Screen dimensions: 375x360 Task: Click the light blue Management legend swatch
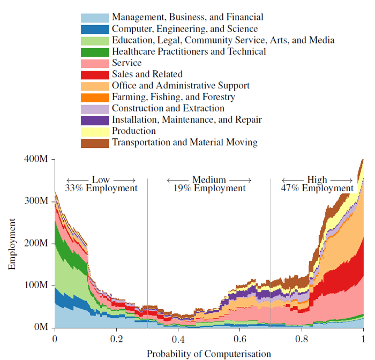[x=95, y=18]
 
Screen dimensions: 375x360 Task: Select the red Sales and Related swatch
[x=95, y=75]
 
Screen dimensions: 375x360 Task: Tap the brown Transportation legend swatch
[x=95, y=143]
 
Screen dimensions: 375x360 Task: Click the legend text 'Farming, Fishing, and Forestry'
[x=174, y=97]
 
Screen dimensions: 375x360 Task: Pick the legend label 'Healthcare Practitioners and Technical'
[x=189, y=51]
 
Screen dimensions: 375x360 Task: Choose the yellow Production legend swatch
[x=95, y=132]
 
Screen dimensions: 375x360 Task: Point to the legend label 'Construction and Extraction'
[x=168, y=108]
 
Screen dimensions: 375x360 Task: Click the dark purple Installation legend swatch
[x=95, y=121]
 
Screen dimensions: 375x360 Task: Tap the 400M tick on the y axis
[x=36, y=159]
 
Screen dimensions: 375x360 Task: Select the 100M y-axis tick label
[x=36, y=285]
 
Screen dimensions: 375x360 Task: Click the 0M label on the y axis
[x=41, y=327]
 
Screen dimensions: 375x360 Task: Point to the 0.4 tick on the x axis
[x=178, y=339]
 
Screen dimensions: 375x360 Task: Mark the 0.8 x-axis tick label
[x=302, y=339]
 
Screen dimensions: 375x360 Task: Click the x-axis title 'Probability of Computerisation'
[x=209, y=354]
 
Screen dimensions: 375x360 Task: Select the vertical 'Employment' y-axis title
[x=12, y=244]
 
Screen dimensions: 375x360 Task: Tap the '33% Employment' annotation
[x=101, y=188]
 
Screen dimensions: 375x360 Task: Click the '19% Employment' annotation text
[x=209, y=188]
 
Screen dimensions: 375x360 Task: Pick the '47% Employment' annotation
[x=317, y=188]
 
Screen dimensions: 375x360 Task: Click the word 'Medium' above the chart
[x=209, y=179]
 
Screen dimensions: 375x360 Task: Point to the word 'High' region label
[x=317, y=179]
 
